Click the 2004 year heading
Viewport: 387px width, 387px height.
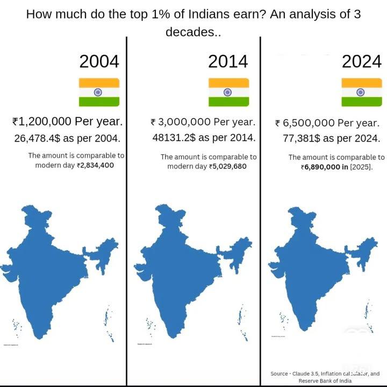(99, 61)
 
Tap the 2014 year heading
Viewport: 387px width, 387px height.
(228, 61)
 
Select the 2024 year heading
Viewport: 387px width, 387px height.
(361, 61)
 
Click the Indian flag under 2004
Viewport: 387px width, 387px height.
(99, 92)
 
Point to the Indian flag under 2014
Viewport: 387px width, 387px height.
(228, 92)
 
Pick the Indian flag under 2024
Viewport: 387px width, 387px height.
(362, 92)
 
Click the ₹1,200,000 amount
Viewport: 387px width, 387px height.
(42, 122)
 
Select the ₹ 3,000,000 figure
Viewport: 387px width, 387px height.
(181, 122)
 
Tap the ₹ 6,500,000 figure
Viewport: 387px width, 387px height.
(305, 123)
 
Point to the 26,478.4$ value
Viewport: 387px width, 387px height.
(37, 138)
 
